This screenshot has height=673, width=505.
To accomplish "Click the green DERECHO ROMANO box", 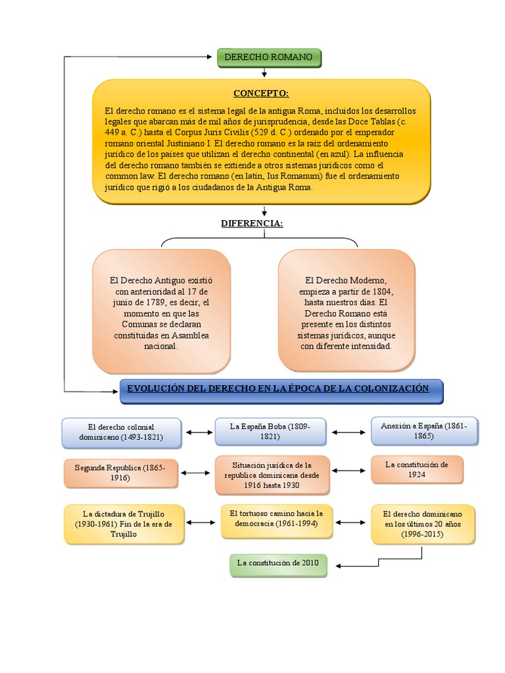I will pyautogui.click(x=269, y=58).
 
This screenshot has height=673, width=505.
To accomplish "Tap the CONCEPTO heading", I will pyautogui.click(x=261, y=93).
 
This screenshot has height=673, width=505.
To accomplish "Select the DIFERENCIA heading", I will pyautogui.click(x=252, y=223).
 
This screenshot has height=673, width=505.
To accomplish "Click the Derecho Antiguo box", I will pyautogui.click(x=161, y=312).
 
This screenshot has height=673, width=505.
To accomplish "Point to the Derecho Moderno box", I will pyautogui.click(x=347, y=312).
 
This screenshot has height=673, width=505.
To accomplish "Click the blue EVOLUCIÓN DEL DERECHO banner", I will pyautogui.click(x=282, y=390).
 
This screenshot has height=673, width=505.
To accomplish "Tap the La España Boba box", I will pyautogui.click(x=270, y=432).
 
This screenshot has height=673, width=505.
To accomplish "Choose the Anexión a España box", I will pyautogui.click(x=423, y=431).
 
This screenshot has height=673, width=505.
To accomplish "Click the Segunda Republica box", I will pyautogui.click(x=121, y=473).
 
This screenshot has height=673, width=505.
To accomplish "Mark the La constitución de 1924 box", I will pyautogui.click(x=417, y=469).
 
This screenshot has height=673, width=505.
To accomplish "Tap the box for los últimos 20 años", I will pyautogui.click(x=423, y=523).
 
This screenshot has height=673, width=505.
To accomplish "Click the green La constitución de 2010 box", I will pyautogui.click(x=278, y=563).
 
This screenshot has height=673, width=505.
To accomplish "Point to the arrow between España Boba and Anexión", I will pyautogui.click(x=349, y=432).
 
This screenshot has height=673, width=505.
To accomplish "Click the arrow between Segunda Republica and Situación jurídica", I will pyautogui.click(x=196, y=473).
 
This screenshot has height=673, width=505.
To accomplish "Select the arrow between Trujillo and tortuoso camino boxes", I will pyautogui.click(x=201, y=522).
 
